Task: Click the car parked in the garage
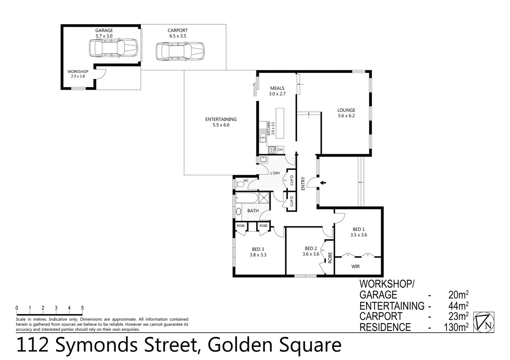[x=113, y=48]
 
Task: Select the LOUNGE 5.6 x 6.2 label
[x=346, y=113]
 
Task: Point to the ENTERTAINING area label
[x=221, y=122]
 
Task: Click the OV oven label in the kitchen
[x=281, y=150]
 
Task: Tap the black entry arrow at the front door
[x=323, y=183]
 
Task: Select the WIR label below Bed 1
[x=355, y=266]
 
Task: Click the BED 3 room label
[x=258, y=252]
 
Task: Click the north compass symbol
[x=484, y=322]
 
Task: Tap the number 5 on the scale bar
[x=82, y=308]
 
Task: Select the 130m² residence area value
[x=456, y=327]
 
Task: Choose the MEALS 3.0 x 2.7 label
[x=277, y=91]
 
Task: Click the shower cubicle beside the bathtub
[x=264, y=198]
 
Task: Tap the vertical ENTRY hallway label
[x=303, y=183]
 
